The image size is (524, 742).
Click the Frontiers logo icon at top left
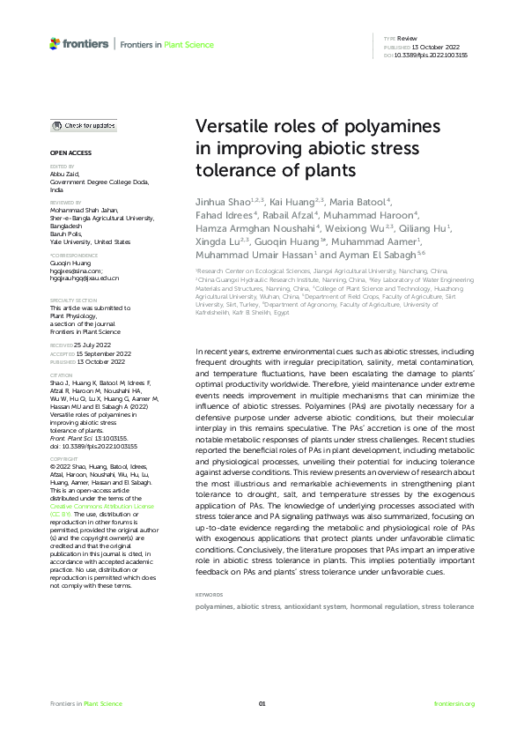click(55, 42)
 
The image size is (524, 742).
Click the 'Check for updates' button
click(83, 126)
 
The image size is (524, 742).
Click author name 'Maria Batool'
click(356, 202)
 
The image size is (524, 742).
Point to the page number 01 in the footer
click(262, 703)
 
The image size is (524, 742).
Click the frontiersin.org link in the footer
click(454, 703)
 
